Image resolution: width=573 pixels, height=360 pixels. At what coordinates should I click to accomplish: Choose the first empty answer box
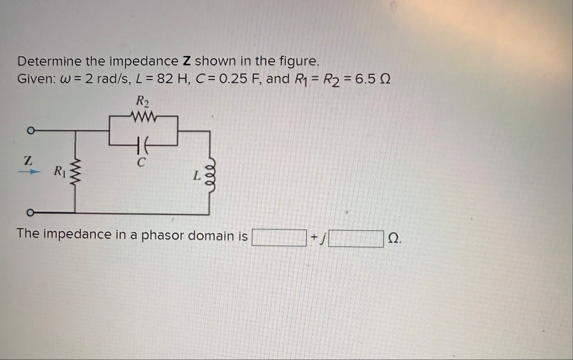(279, 238)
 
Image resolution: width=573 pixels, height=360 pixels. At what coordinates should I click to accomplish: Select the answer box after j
(356, 239)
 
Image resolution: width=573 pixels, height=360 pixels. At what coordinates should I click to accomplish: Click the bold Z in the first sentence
(187, 61)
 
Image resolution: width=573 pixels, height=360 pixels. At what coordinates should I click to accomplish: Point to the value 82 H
(171, 79)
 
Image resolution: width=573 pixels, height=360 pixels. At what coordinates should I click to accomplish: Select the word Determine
(49, 61)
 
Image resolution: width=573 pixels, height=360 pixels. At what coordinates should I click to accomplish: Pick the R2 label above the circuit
(142, 102)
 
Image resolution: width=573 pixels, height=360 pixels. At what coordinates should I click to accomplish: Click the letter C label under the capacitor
(141, 162)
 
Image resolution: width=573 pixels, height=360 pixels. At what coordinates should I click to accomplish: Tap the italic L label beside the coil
(197, 176)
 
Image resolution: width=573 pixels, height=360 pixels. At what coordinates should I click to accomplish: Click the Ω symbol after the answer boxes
(394, 238)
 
